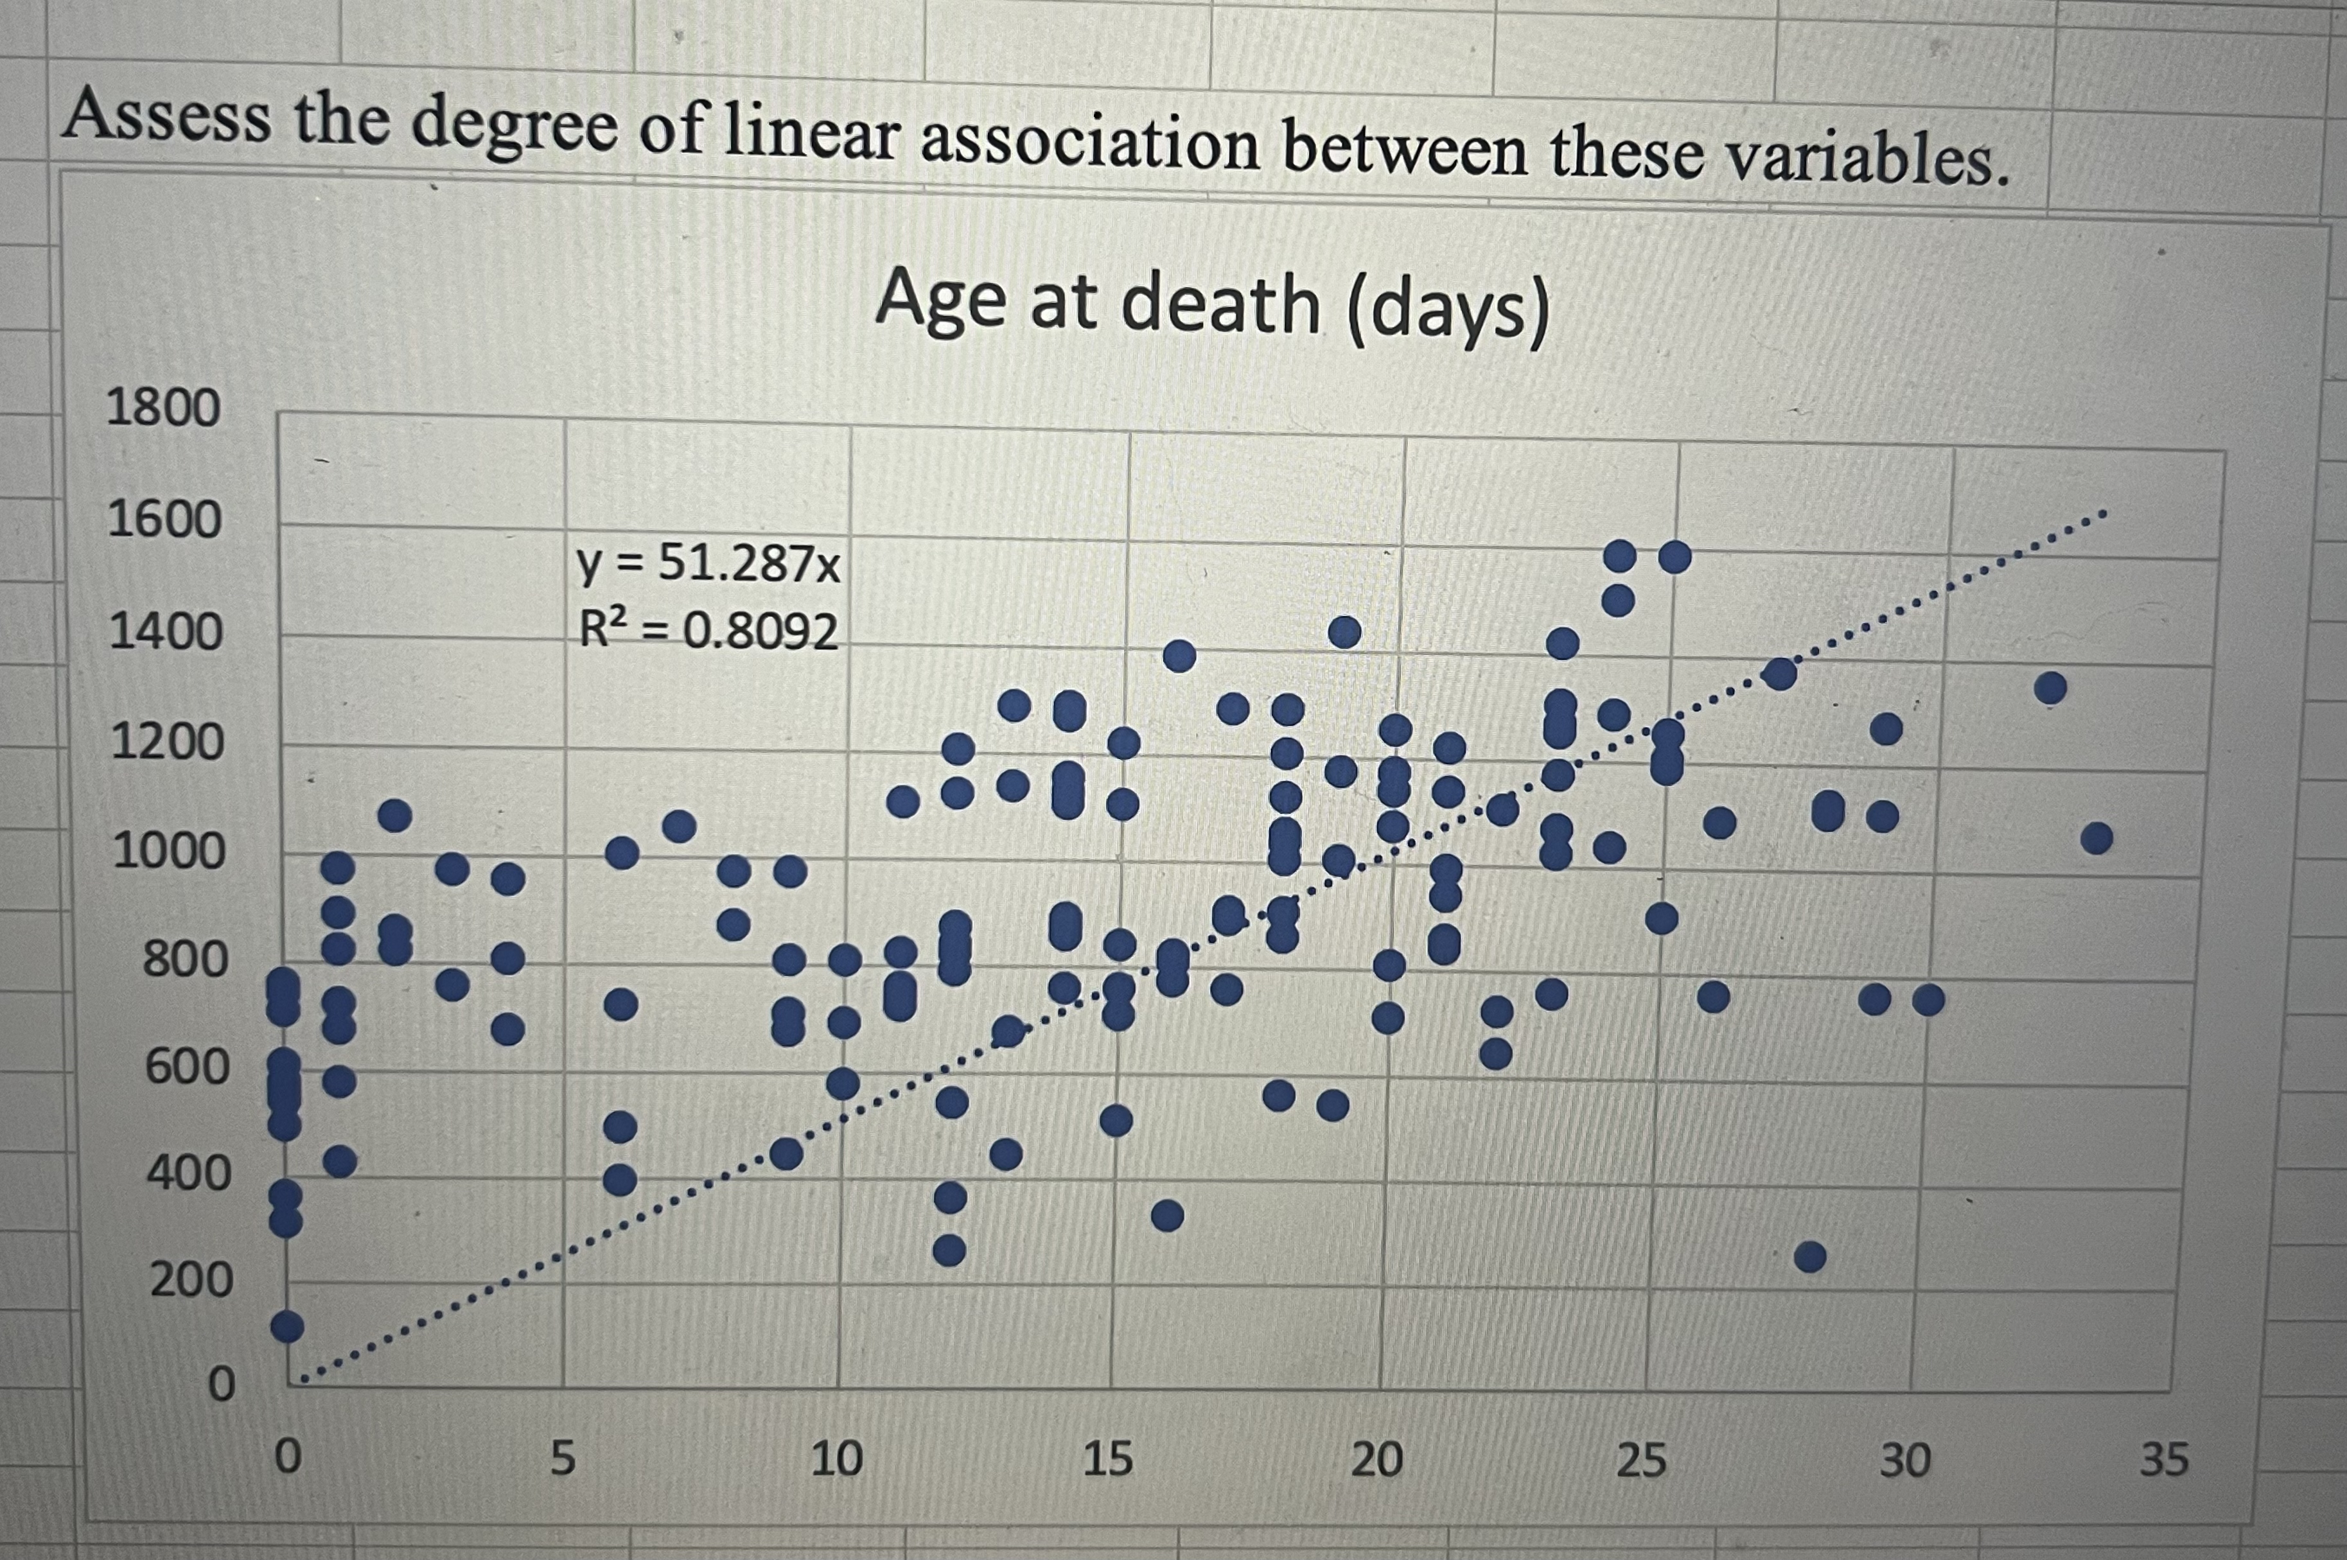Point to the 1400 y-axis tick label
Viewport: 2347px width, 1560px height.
165,633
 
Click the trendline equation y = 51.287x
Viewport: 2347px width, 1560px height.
708,565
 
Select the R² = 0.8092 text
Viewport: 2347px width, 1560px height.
708,631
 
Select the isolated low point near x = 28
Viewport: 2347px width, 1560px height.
1810,1258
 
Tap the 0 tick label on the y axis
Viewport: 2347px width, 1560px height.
221,1384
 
